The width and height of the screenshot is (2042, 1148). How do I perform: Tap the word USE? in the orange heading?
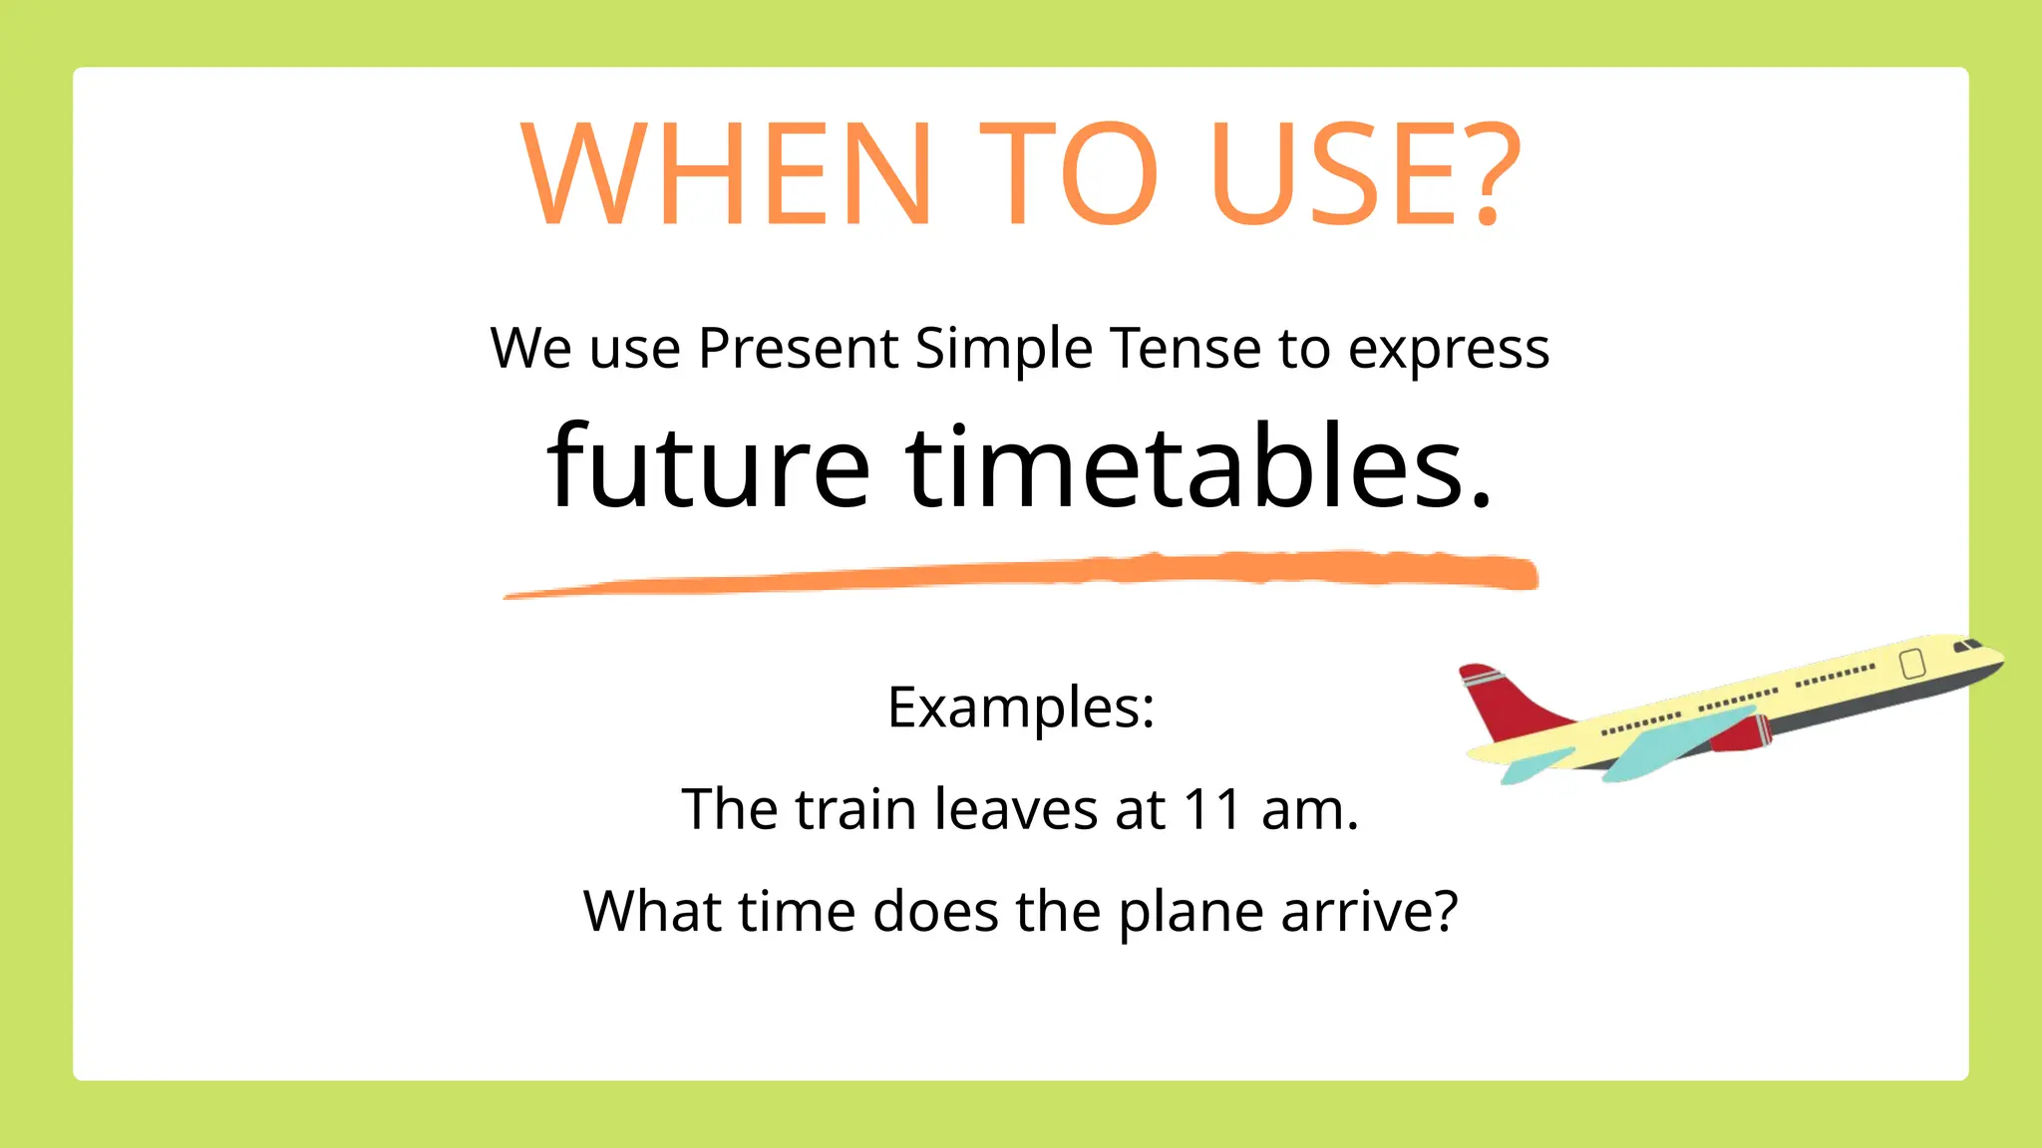[1366, 174]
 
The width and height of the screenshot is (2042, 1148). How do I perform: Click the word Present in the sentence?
[798, 349]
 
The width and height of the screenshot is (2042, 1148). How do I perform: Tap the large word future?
[709, 465]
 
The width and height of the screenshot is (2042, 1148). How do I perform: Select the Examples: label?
[1021, 709]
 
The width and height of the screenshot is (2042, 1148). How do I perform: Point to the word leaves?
[1016, 809]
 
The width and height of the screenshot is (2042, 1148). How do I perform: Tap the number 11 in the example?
[1211, 809]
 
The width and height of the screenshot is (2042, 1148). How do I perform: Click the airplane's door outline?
[1912, 664]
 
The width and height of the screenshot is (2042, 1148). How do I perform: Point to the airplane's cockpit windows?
[1968, 646]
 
